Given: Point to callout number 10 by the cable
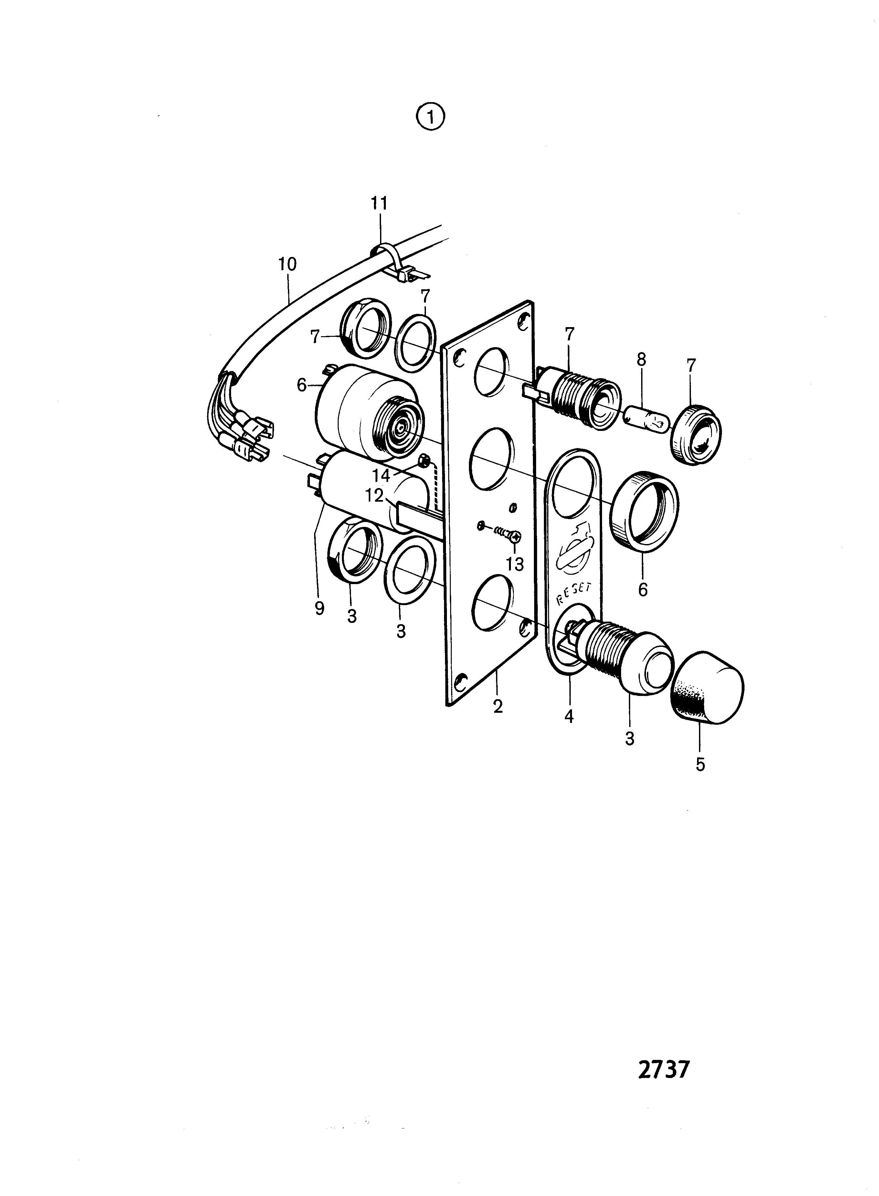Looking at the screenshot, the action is click(x=287, y=264).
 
